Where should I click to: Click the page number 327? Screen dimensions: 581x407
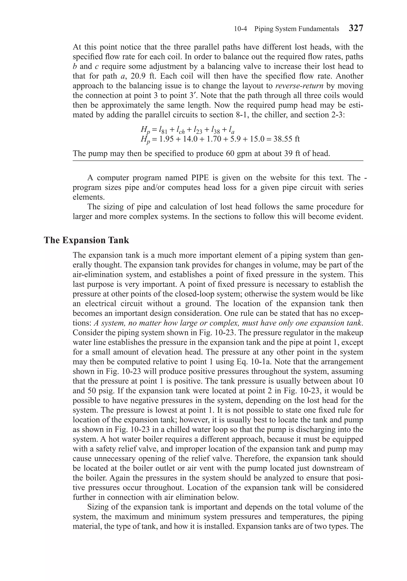click(356, 28)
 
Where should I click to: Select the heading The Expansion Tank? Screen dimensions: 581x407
click(86, 240)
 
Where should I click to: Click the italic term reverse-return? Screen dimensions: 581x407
click(299, 86)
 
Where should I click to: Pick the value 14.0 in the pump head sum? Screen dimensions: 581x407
click(189, 139)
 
